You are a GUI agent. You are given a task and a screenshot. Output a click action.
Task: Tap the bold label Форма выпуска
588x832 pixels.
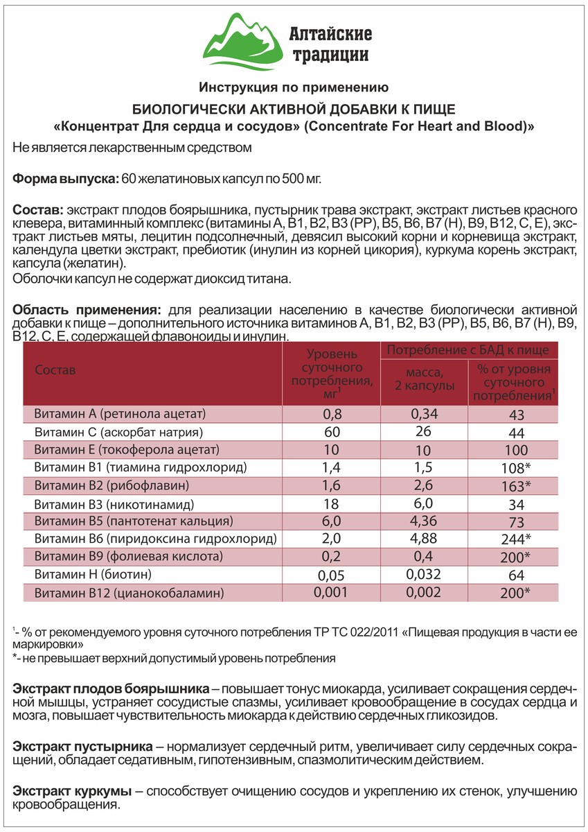(x=65, y=179)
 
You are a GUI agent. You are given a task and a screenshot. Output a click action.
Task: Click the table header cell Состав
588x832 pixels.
(x=55, y=370)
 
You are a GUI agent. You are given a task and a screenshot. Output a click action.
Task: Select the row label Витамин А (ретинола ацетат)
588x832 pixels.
(x=120, y=415)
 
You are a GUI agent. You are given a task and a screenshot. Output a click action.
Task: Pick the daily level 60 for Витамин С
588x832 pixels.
(x=331, y=433)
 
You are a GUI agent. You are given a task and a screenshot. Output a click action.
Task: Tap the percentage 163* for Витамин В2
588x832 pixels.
(x=515, y=485)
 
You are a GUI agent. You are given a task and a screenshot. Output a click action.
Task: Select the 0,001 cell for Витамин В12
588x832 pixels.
(x=331, y=592)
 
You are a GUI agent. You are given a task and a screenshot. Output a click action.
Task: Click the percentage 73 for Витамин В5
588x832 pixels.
(x=515, y=521)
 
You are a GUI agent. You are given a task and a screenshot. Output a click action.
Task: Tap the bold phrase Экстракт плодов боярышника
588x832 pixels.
(x=112, y=690)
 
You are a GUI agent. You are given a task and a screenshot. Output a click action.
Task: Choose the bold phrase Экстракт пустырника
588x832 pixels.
(x=82, y=747)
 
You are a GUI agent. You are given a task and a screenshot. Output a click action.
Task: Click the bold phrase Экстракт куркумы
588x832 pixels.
(x=72, y=791)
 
